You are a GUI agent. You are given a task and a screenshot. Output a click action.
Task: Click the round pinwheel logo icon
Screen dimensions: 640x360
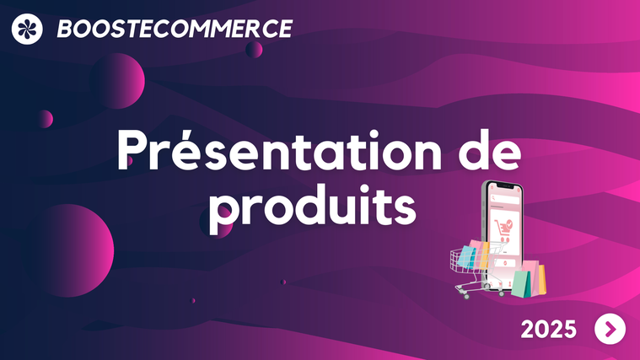point(27,29)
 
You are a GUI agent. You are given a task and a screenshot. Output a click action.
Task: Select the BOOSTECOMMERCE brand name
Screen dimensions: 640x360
point(175,29)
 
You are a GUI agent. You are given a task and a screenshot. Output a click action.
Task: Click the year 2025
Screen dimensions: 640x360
point(549,330)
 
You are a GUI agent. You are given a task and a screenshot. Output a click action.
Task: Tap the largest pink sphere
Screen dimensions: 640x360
point(67,250)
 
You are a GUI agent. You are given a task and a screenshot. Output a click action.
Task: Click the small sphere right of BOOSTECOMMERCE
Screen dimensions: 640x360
point(254,50)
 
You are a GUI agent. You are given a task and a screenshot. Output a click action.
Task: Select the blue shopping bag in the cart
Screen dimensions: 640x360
point(466,257)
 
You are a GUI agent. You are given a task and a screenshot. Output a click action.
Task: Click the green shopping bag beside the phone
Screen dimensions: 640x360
point(521,283)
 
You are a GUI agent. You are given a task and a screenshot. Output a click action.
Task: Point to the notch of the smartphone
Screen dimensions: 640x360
point(503,185)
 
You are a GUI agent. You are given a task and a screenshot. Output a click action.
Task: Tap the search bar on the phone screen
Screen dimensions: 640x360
point(504,199)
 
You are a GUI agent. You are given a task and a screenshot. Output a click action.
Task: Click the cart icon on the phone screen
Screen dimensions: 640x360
point(502,227)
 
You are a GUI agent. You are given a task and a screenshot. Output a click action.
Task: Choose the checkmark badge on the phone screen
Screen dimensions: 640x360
point(508,223)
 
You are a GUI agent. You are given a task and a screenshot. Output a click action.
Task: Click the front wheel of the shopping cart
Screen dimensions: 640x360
point(466,296)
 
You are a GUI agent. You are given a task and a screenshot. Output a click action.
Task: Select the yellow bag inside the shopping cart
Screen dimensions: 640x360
point(485,255)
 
